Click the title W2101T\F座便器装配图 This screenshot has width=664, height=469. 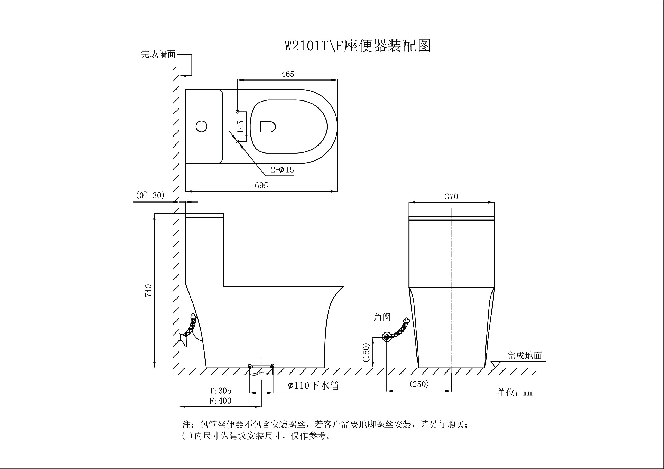[x=358, y=46]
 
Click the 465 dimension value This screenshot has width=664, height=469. [x=287, y=74]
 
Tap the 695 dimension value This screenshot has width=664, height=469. [x=261, y=186]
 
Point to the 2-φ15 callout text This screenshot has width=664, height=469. [x=282, y=170]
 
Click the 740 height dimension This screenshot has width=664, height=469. [x=148, y=290]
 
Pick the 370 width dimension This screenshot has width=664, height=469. [x=451, y=197]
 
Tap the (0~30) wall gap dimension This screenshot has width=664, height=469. [x=150, y=195]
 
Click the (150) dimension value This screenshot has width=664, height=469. [x=366, y=352]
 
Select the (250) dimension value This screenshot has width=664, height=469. [x=419, y=384]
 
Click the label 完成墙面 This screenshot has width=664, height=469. [x=158, y=54]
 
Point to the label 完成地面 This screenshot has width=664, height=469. [x=524, y=356]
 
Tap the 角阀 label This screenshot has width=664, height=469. [x=382, y=317]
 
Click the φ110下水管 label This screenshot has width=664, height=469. [x=314, y=385]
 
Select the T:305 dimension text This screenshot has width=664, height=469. [x=220, y=391]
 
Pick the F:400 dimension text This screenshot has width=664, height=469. [x=220, y=401]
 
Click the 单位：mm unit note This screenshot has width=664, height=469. [x=515, y=393]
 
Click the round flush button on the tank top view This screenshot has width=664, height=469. [x=202, y=126]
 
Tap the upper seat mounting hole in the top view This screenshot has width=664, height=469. [x=238, y=111]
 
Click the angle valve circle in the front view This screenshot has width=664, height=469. [x=387, y=337]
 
